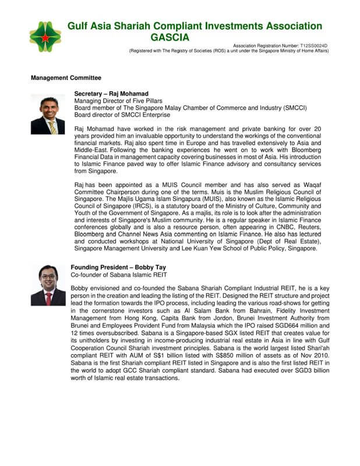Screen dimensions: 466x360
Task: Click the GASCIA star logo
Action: click(x=44, y=37)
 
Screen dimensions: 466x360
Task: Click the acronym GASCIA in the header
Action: click(x=170, y=38)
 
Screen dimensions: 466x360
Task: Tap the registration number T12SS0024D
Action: click(x=314, y=45)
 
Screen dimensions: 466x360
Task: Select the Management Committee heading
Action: click(x=66, y=77)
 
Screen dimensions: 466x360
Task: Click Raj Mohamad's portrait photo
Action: click(x=48, y=114)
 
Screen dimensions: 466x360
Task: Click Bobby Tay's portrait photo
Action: click(x=48, y=285)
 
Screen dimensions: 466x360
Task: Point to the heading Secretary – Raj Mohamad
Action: click(x=111, y=93)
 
